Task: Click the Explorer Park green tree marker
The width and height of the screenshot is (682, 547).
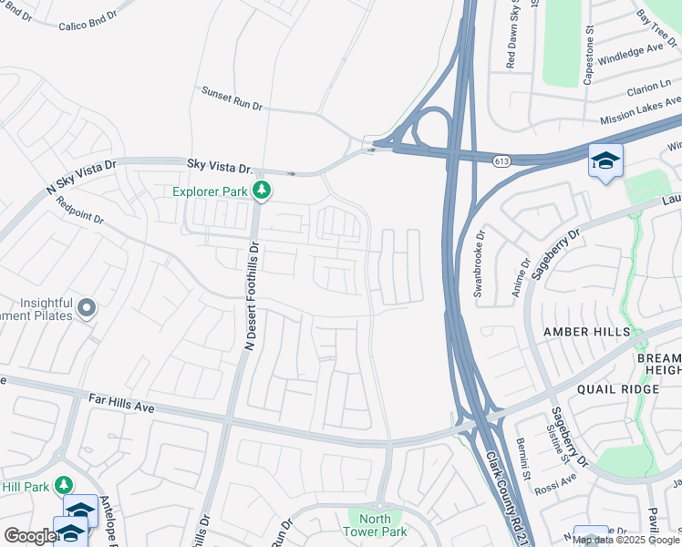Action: (x=262, y=191)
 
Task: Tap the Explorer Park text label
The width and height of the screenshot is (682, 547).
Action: (x=211, y=191)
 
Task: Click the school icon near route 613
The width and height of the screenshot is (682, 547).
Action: (x=605, y=160)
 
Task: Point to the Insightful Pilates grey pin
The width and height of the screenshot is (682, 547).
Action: (x=87, y=308)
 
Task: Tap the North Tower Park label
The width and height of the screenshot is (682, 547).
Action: (x=375, y=525)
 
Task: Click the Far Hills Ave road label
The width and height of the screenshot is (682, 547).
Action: (x=121, y=401)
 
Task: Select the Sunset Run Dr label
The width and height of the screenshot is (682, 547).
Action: (x=232, y=98)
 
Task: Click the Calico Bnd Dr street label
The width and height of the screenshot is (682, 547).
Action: (x=88, y=21)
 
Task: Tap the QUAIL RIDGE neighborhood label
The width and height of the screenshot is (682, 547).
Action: (x=617, y=389)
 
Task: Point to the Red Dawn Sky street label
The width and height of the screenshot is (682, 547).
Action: (x=511, y=36)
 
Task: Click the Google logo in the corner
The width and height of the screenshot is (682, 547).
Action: (x=29, y=535)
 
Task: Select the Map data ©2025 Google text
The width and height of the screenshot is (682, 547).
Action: (x=625, y=540)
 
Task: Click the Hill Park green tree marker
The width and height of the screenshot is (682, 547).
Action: (x=63, y=483)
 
